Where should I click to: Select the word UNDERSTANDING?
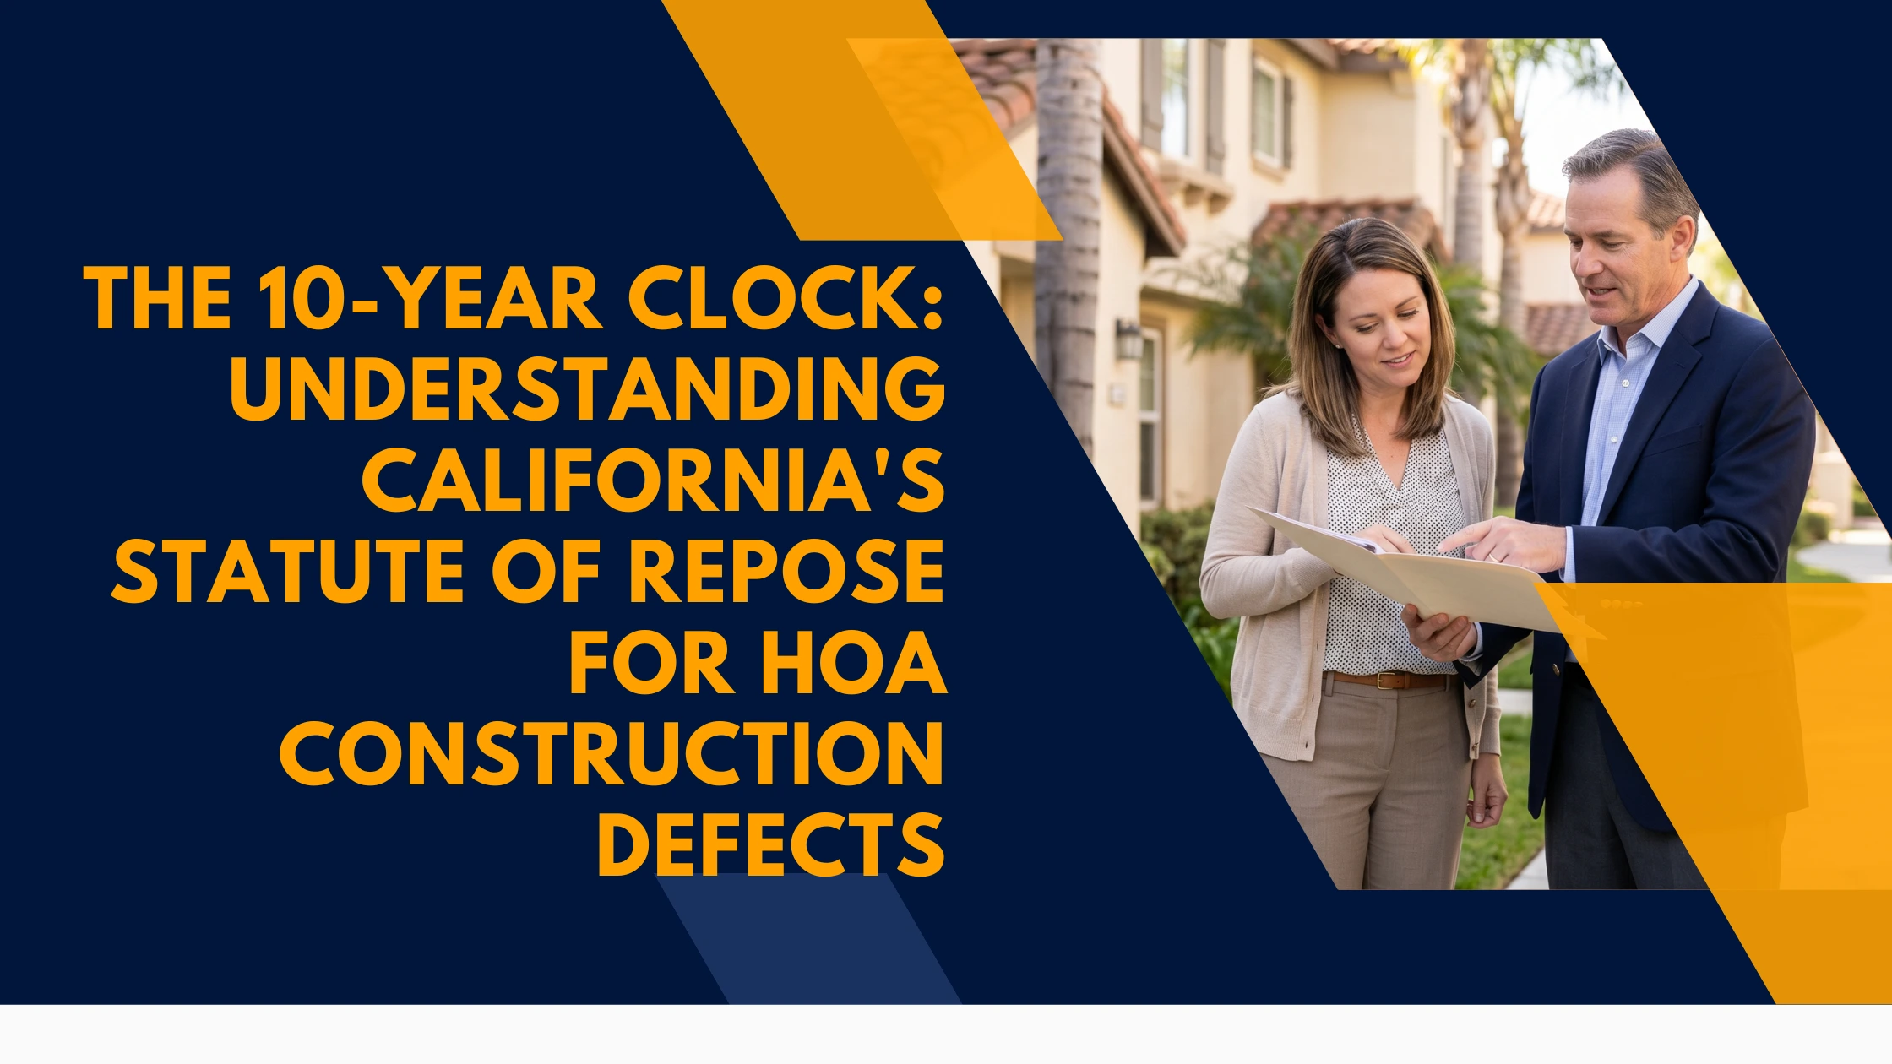pyautogui.click(x=587, y=389)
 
